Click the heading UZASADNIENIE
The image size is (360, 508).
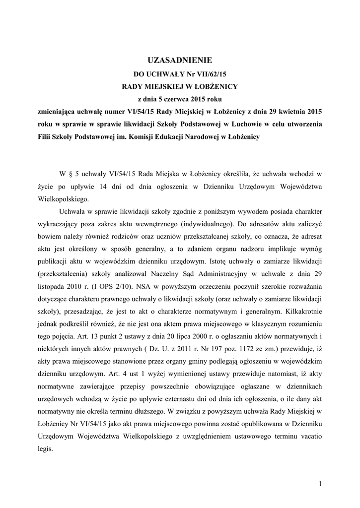coord(180,61)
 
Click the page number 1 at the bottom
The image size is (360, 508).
coord(321,483)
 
